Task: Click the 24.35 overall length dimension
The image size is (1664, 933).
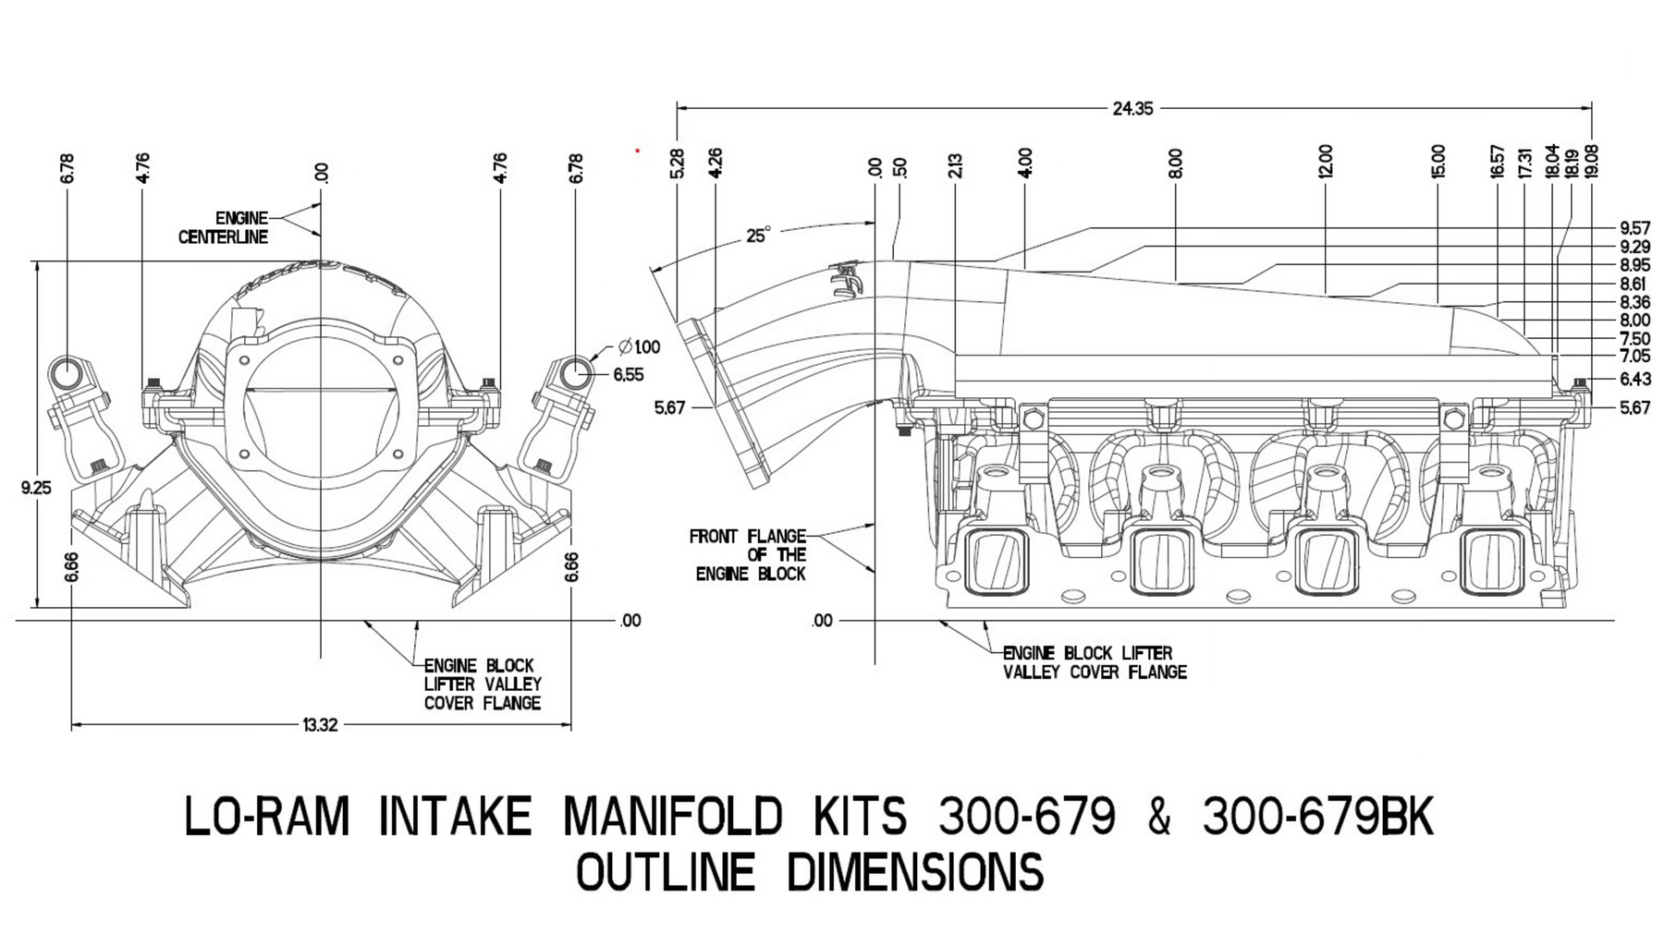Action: tap(1132, 109)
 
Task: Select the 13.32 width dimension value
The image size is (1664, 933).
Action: tap(320, 725)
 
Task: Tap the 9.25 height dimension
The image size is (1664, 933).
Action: tap(36, 487)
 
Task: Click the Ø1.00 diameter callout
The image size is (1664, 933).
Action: tap(640, 347)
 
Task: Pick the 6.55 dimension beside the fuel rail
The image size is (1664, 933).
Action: tap(629, 375)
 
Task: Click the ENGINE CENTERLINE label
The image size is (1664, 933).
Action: tap(223, 227)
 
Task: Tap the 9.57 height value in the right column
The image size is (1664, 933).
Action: tap(1634, 228)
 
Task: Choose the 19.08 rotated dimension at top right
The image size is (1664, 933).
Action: tap(1591, 161)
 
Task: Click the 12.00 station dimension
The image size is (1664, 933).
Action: tap(1326, 161)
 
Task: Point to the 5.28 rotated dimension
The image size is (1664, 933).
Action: tap(677, 163)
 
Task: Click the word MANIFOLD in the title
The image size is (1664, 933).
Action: tap(672, 817)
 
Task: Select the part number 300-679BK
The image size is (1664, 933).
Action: tap(1317, 817)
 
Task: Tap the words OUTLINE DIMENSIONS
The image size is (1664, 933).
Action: tap(810, 872)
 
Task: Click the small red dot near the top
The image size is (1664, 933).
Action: tap(637, 150)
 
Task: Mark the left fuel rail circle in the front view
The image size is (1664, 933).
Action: tap(67, 372)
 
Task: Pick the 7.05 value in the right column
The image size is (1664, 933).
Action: tap(1634, 357)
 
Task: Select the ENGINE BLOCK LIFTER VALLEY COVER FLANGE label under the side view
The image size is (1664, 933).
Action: tap(1095, 663)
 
